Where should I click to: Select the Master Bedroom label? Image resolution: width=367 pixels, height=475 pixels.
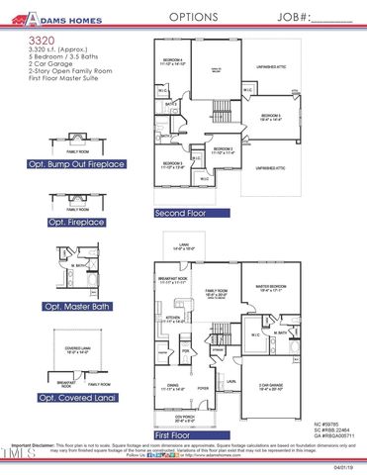tap(270, 288)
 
